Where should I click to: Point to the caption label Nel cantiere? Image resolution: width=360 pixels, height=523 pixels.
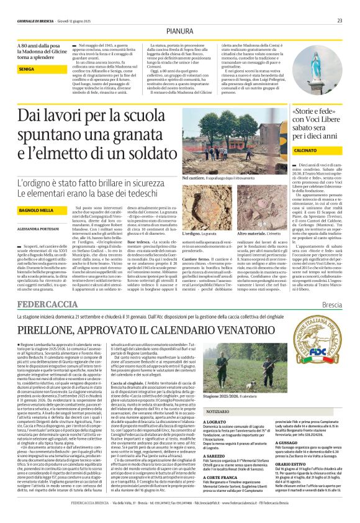pos(194,178)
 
